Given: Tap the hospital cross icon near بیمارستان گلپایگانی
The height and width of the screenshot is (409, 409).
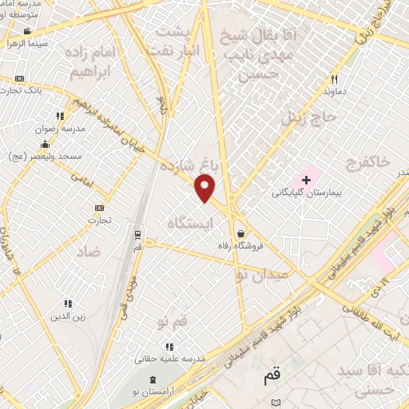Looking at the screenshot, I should click(x=307, y=180).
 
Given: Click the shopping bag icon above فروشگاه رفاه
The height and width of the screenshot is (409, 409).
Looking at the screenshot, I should click(x=241, y=232).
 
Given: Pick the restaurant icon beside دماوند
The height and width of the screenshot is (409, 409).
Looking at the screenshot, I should click(x=335, y=79).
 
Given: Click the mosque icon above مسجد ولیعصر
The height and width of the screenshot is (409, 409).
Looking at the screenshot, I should click(x=44, y=144).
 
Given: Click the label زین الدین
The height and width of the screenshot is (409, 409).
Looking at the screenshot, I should click(x=68, y=317).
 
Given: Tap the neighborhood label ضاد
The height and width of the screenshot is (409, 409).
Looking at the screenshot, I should click(x=88, y=250).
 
